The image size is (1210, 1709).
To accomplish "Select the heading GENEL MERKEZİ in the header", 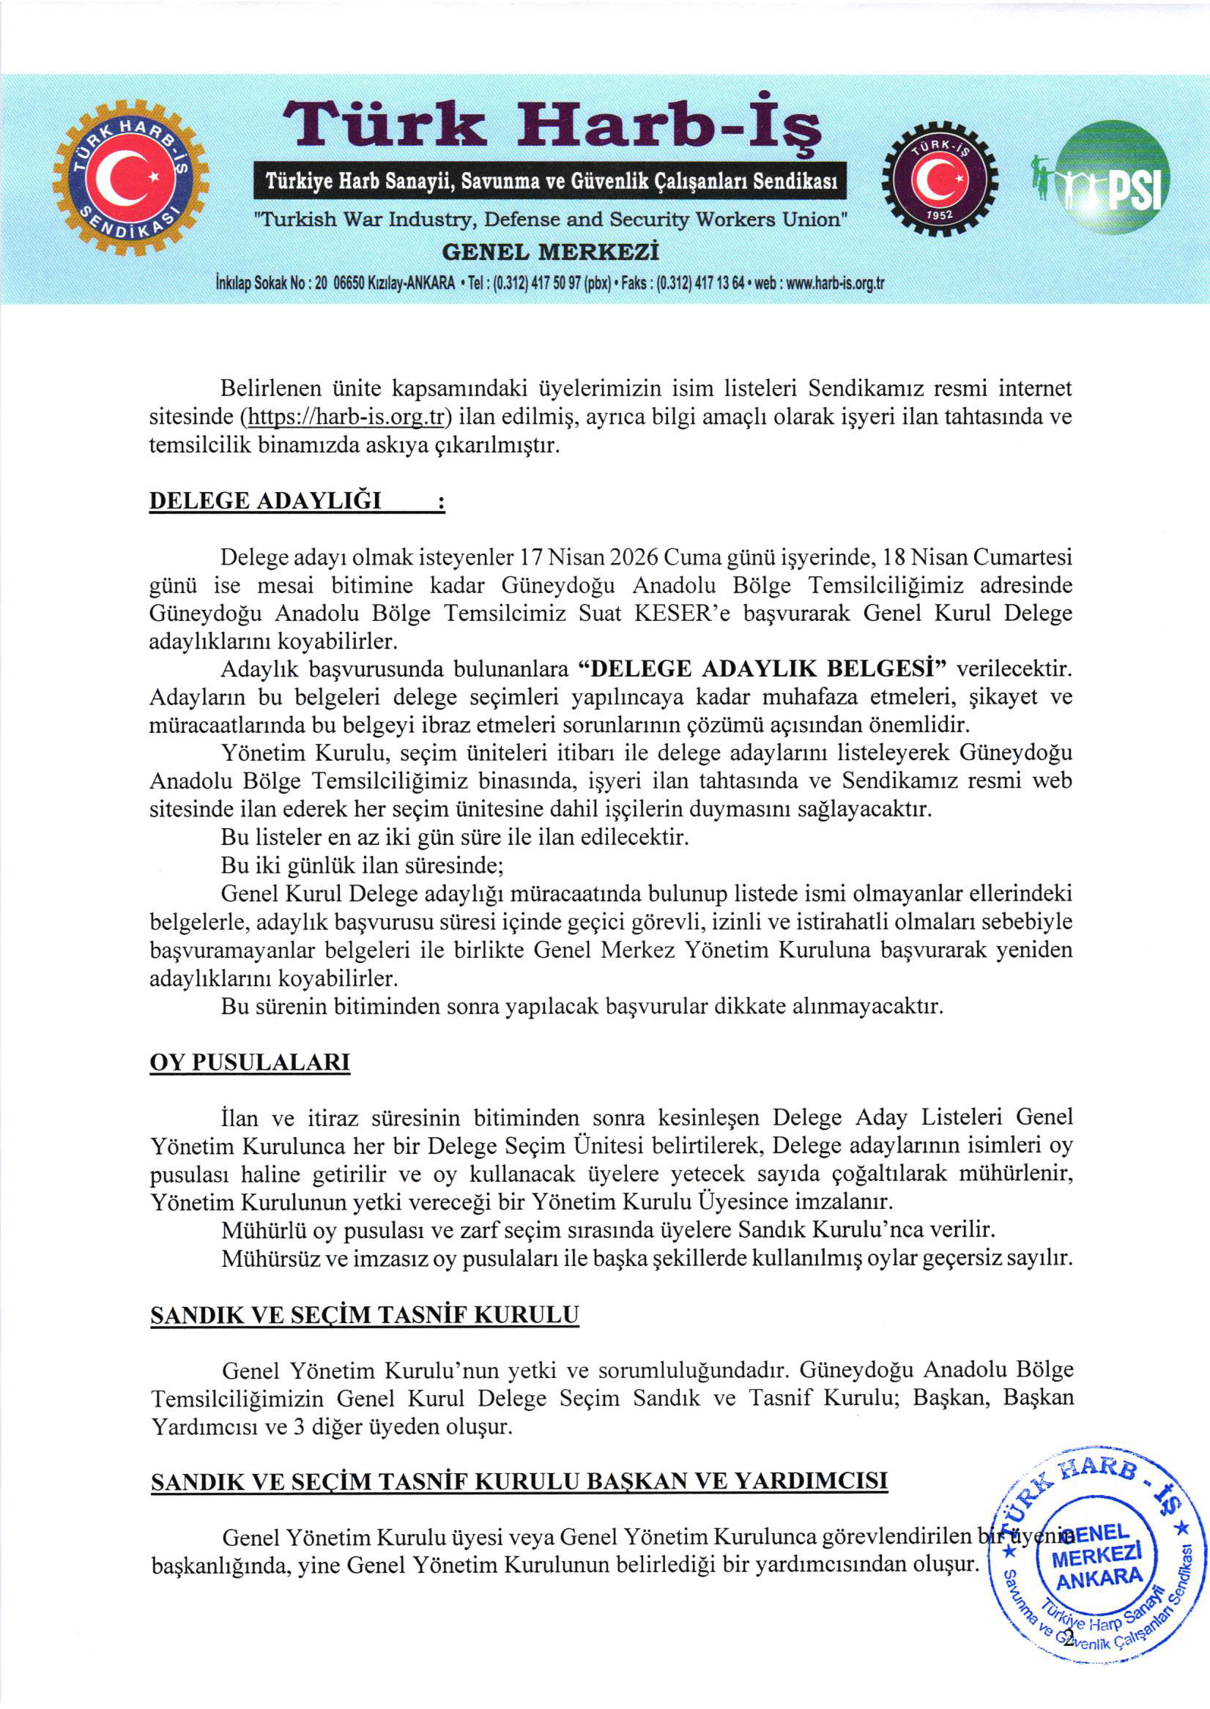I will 551,252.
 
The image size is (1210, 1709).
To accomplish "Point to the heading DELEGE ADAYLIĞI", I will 265,500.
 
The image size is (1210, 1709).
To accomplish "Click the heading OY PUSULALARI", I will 250,1062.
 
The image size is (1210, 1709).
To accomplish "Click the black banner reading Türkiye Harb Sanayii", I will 551,181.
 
